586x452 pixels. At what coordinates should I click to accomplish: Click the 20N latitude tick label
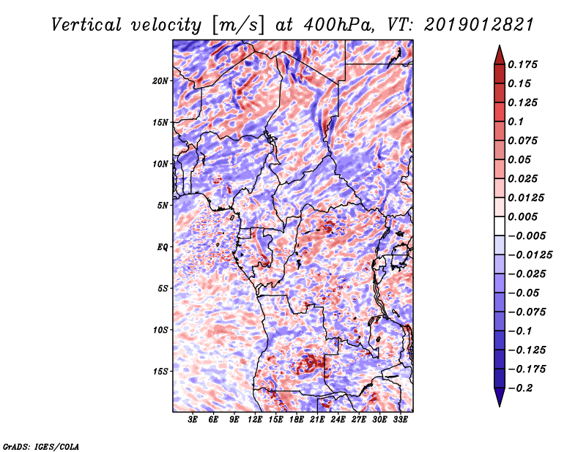160,81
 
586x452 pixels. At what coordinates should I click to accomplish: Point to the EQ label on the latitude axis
162,247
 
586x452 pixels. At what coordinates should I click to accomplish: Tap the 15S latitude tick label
160,372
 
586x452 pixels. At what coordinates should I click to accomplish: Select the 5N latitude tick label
163,206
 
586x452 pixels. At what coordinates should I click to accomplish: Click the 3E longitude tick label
193,419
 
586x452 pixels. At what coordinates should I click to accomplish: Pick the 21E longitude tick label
317,419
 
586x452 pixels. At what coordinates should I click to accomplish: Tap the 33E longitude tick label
400,419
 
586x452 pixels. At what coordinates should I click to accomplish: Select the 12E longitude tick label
255,419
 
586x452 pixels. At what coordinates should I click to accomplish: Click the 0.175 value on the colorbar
522,64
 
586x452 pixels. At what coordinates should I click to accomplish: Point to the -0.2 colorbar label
520,388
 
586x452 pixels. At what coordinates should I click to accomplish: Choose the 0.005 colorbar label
522,216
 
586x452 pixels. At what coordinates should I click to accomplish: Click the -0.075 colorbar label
527,312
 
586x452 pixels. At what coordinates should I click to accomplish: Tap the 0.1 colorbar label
516,121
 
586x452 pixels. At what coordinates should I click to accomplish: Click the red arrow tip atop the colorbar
500,45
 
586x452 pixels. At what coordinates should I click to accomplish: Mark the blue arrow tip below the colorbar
500,406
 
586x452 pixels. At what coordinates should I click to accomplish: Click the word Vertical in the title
86,25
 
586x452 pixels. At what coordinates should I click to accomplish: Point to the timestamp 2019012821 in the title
479,25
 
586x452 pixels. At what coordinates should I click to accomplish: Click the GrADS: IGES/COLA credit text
41,447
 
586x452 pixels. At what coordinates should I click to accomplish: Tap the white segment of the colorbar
500,226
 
